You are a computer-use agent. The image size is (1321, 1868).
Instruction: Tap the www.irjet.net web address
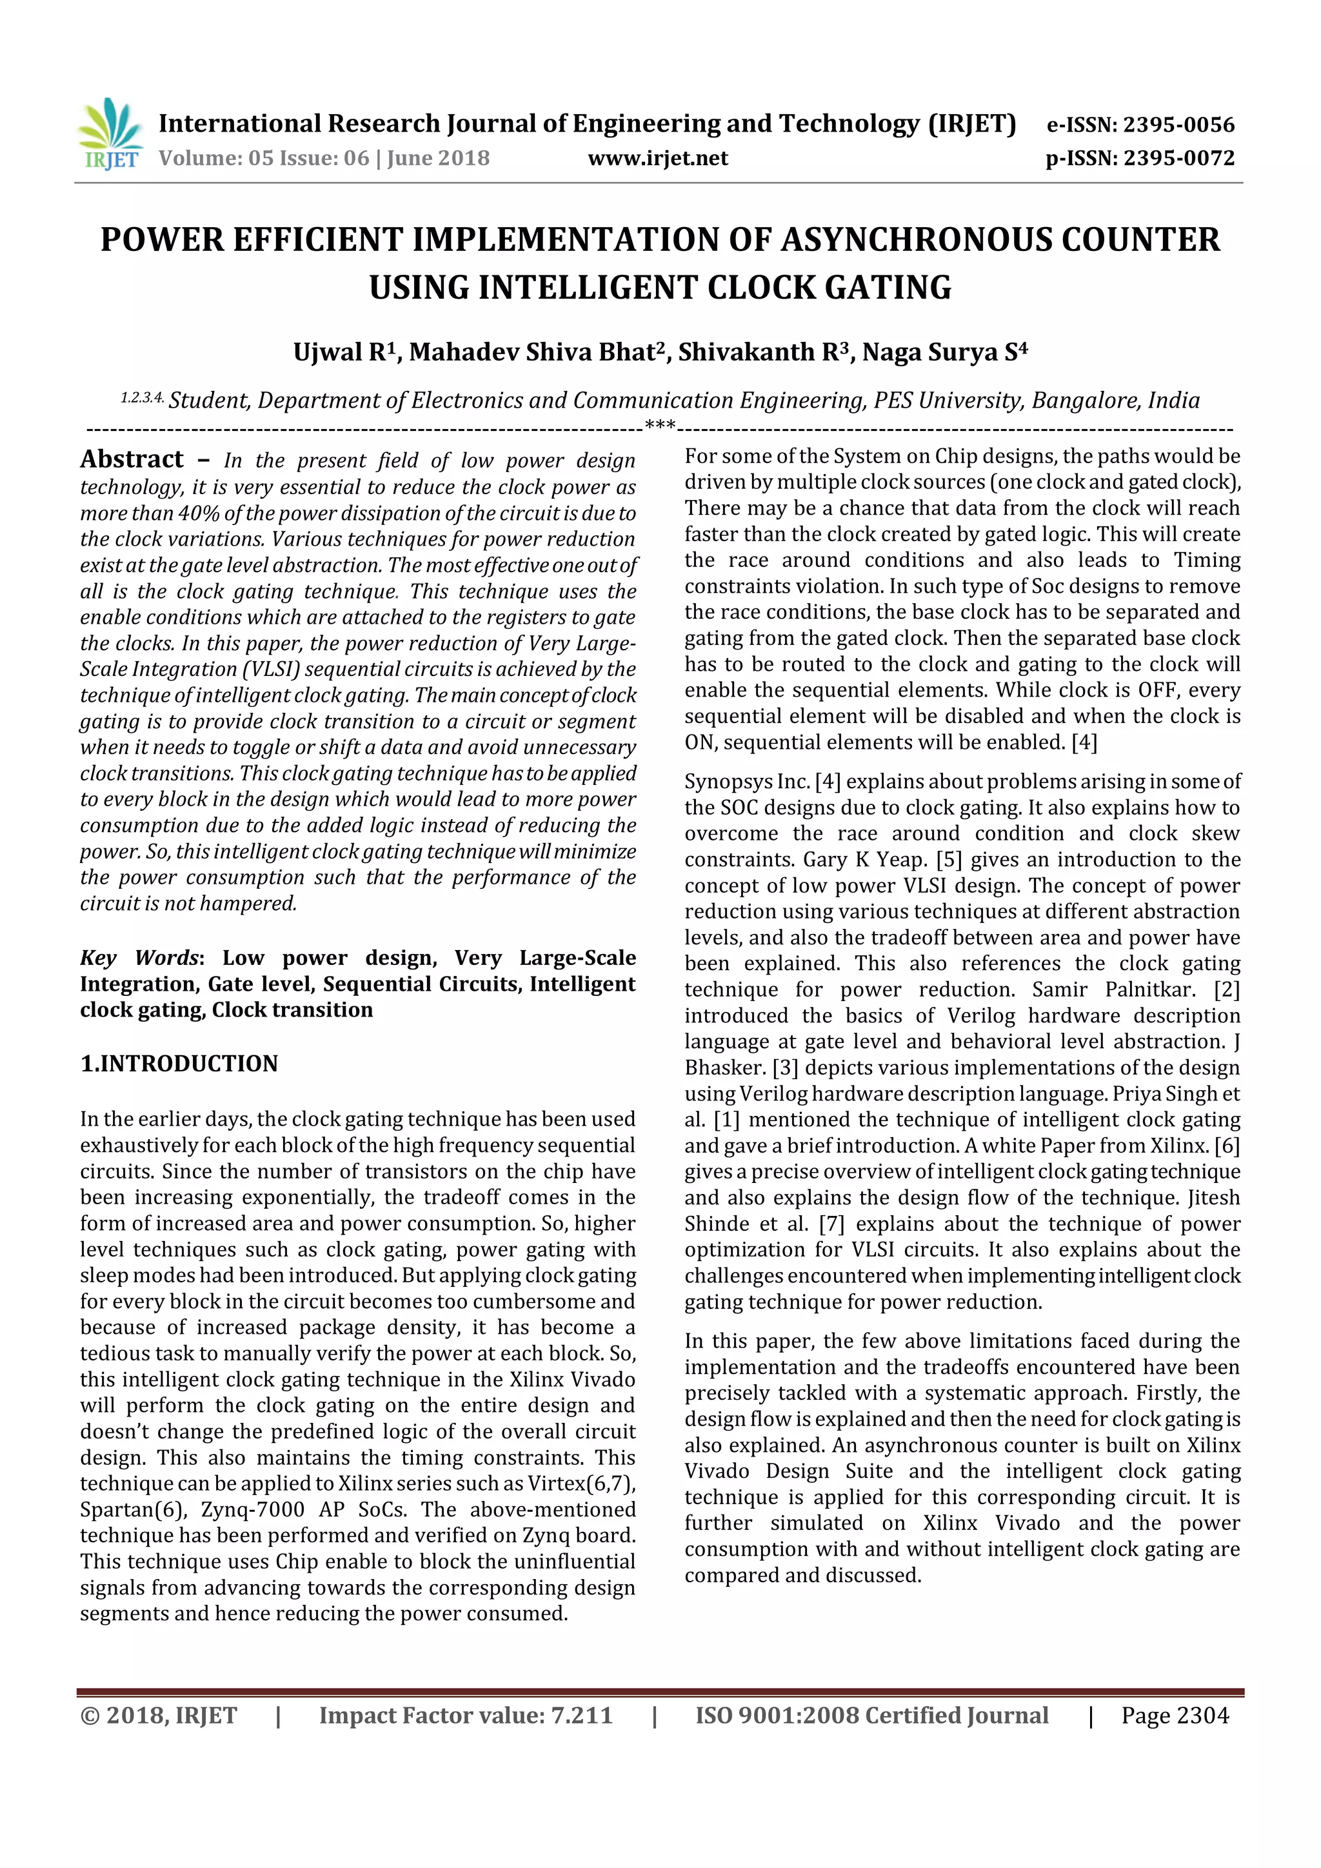[x=657, y=158]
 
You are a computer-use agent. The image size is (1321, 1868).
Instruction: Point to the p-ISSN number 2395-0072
[x=1180, y=158]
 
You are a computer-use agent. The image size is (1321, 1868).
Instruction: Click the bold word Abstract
[x=132, y=460]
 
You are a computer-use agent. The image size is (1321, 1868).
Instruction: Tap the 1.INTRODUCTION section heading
[x=179, y=1064]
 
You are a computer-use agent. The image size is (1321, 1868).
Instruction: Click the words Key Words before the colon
[x=139, y=958]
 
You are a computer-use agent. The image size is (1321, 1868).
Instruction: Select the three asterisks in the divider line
[x=660, y=424]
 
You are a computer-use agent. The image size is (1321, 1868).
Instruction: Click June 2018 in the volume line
[x=439, y=158]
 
